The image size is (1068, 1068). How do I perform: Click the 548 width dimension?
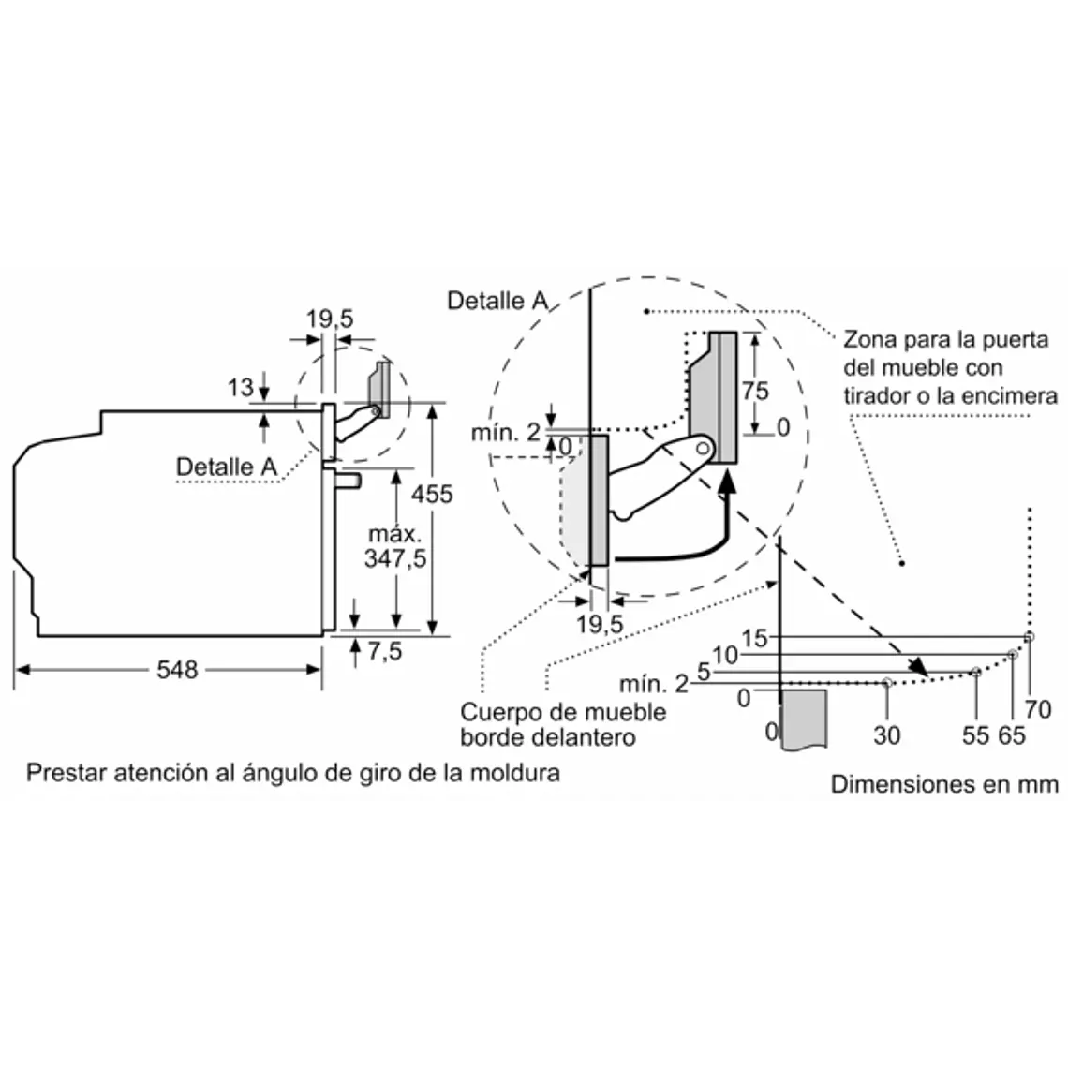click(177, 670)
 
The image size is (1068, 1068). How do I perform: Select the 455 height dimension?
click(432, 494)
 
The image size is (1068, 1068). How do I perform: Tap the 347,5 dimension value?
click(395, 558)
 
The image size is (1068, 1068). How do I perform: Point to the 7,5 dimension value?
click(385, 651)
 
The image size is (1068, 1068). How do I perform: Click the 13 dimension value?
click(241, 388)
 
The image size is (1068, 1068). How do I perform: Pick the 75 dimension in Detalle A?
click(755, 391)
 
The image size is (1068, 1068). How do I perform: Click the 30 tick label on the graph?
click(887, 735)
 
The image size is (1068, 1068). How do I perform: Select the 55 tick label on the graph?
click(975, 735)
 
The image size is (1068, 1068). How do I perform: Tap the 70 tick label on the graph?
click(1038, 710)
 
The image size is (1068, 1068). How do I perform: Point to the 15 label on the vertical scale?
click(755, 638)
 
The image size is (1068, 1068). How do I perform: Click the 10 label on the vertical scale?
click(725, 655)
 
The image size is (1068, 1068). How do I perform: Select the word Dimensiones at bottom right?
click(887, 784)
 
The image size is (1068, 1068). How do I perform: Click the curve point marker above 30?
click(887, 682)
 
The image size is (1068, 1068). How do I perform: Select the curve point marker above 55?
click(976, 672)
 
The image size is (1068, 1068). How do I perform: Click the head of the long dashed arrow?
click(919, 667)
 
